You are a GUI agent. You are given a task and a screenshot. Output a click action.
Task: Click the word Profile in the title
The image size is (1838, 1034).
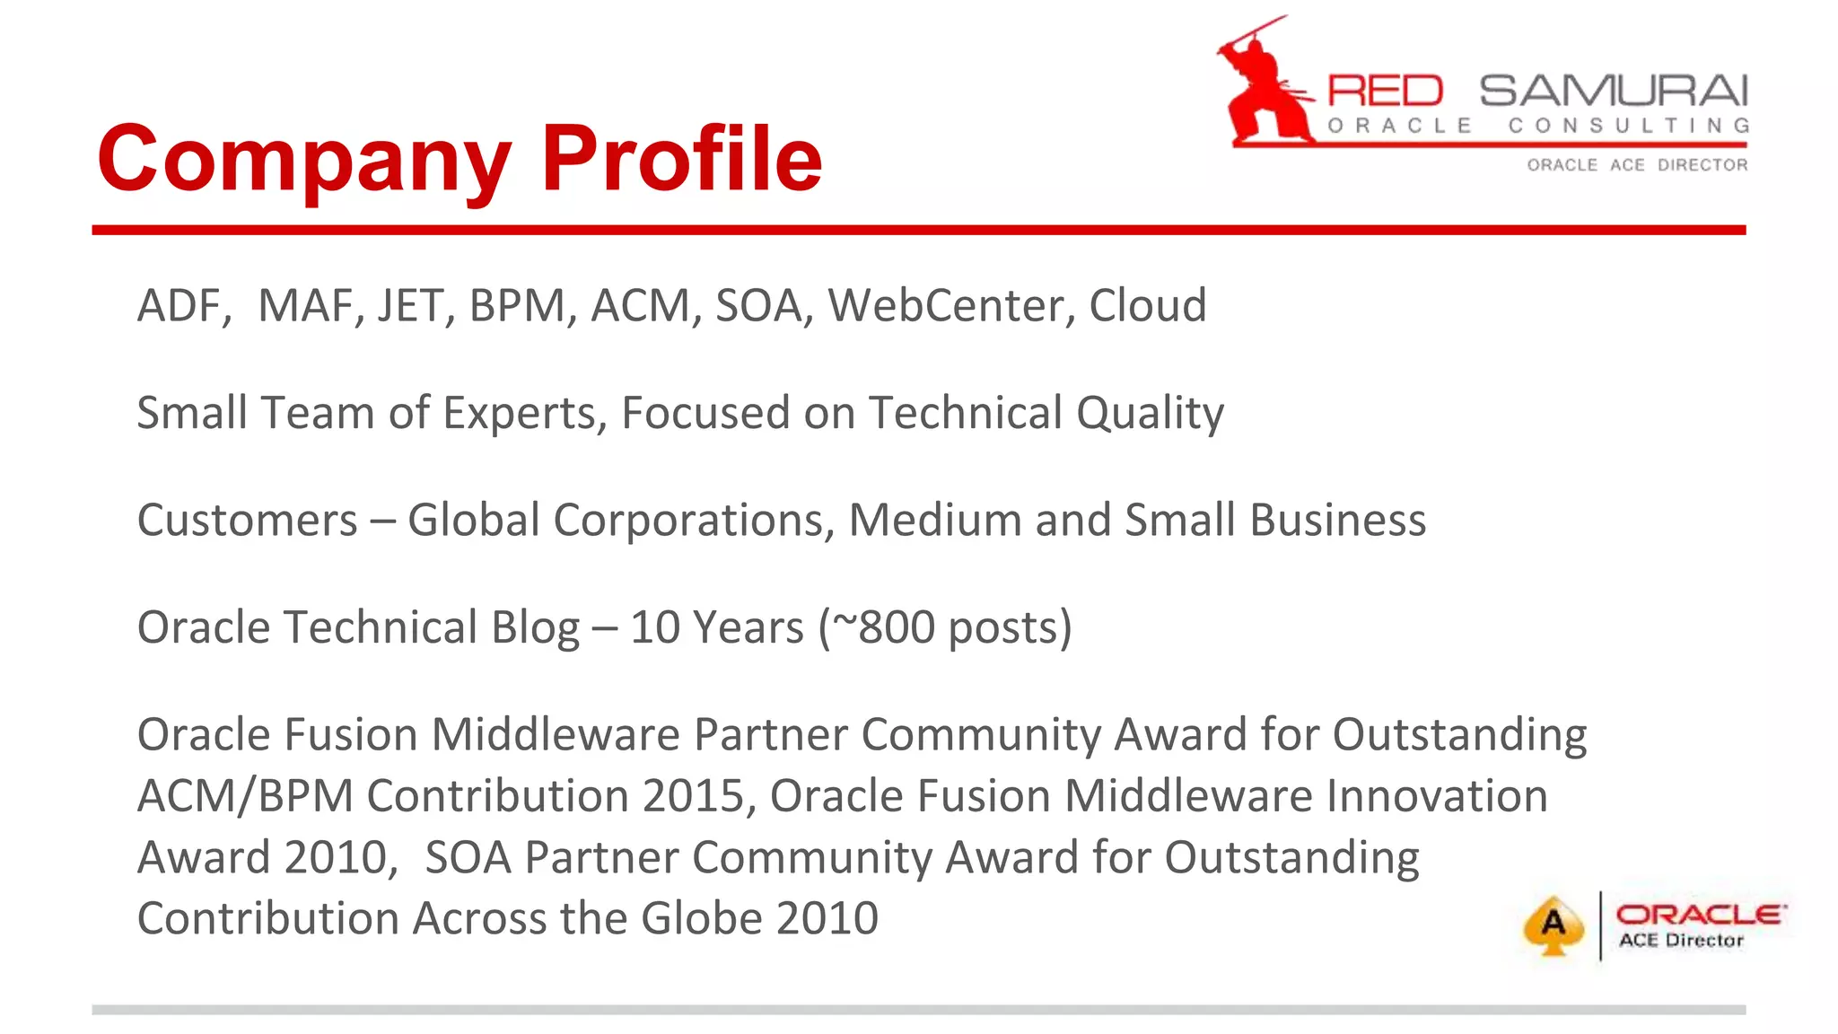(x=681, y=158)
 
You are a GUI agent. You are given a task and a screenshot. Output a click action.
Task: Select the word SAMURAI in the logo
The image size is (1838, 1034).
(x=1614, y=92)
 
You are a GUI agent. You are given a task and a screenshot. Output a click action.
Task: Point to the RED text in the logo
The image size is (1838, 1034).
(x=1385, y=92)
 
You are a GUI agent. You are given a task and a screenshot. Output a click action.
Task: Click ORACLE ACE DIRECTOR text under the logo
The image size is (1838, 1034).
(x=1637, y=165)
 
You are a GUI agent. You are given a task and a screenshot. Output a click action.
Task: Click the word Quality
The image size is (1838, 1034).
(x=1150, y=414)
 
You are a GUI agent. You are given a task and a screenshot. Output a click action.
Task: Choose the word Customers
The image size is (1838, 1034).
(x=247, y=521)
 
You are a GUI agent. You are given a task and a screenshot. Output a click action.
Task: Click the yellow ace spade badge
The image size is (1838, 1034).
(x=1554, y=925)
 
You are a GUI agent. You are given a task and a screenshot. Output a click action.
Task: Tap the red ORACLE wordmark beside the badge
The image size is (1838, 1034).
(x=1700, y=915)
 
